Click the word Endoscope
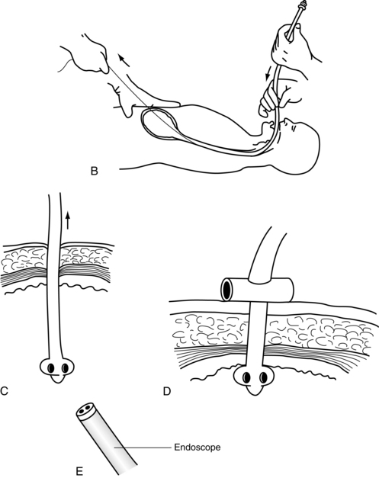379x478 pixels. [198, 448]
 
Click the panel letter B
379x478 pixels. [95, 171]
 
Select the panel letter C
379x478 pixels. [5, 390]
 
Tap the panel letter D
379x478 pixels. [167, 391]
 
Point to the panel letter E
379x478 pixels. [79, 471]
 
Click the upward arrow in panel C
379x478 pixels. [68, 220]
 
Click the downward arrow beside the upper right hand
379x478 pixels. [268, 74]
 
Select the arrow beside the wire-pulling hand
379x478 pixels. [124, 60]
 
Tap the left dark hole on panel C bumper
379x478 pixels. [51, 368]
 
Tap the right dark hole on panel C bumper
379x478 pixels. [65, 368]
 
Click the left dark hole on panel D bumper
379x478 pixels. [246, 377]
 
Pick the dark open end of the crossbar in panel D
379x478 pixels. [226, 289]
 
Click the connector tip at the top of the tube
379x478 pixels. [301, 4]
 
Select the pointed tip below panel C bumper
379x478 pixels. [58, 379]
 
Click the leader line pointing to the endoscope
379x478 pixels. [142, 448]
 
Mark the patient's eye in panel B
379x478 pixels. [294, 129]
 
